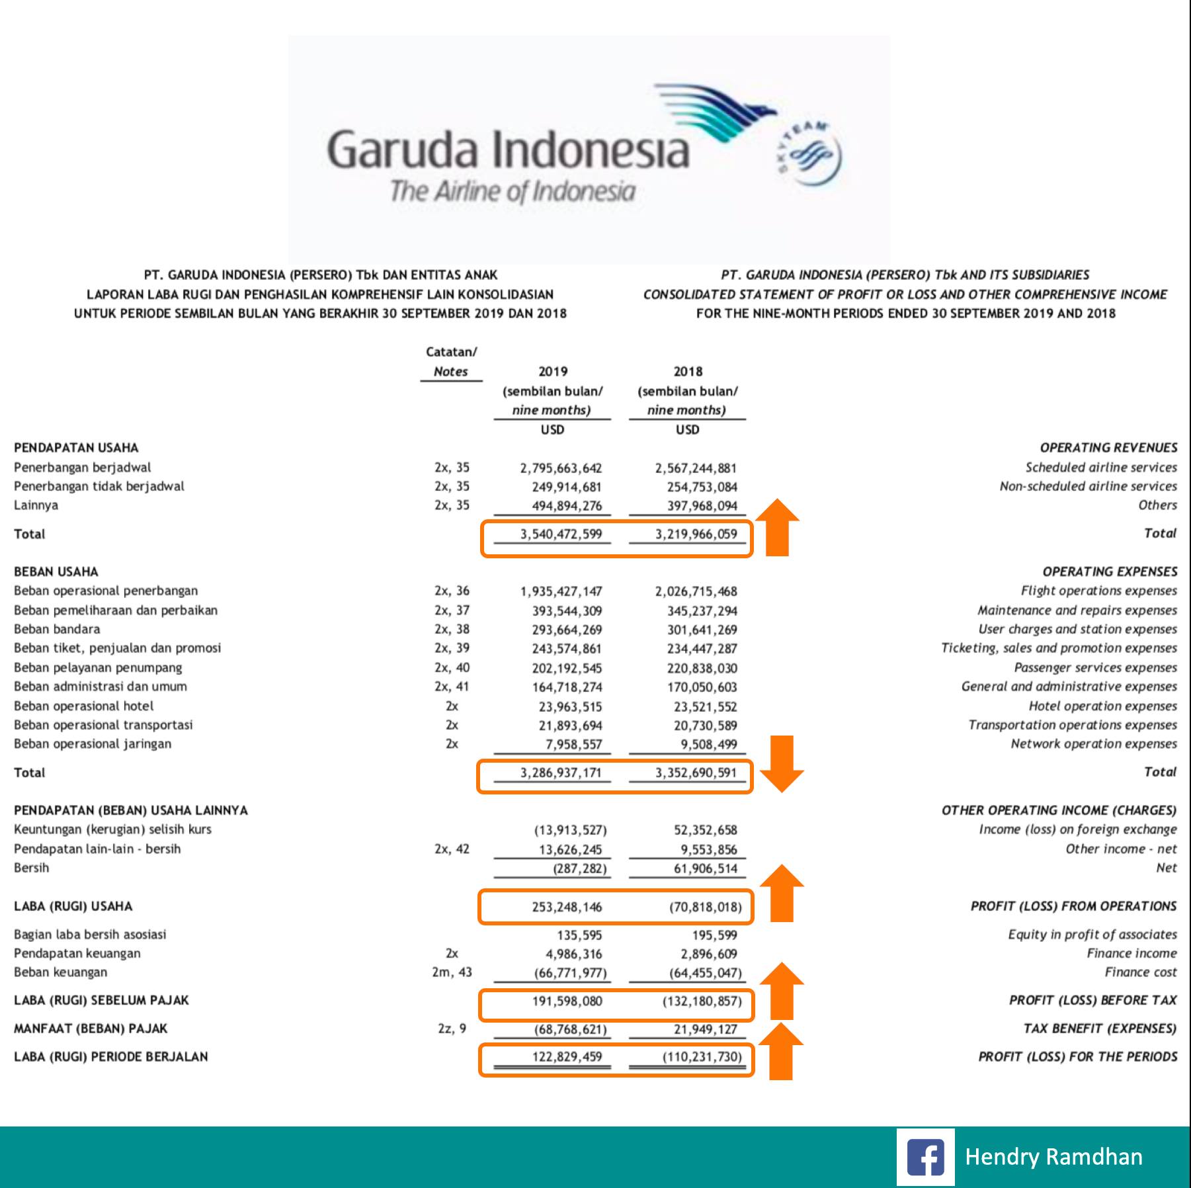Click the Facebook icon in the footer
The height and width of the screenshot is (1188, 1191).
pos(925,1156)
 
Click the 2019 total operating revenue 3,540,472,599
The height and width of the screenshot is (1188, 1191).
pos(561,534)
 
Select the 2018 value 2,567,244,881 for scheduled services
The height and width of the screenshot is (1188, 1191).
pos(696,468)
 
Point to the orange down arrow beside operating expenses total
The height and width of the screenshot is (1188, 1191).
pos(781,763)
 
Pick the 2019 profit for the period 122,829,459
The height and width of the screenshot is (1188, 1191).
pos(567,1056)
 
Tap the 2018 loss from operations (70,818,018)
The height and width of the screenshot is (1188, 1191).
pos(705,907)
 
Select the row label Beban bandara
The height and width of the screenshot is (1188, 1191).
pos(57,629)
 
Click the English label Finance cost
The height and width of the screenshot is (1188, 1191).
pos(1140,972)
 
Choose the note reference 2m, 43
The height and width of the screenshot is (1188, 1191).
pos(452,972)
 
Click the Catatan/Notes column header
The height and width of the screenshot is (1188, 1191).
pos(451,362)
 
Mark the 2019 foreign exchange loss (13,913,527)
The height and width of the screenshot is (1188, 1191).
pos(570,830)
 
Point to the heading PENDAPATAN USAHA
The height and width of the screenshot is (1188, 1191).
pos(76,448)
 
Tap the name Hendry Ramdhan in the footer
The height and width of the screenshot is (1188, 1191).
pos(1053,1156)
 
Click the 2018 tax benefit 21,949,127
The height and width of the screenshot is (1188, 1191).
pos(702,1029)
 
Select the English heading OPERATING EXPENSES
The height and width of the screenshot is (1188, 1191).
pos(1109,572)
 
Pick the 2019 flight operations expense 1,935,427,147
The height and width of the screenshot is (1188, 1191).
pos(561,591)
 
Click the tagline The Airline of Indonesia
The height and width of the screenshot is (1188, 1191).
pos(513,192)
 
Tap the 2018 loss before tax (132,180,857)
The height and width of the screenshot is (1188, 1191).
pos(702,1001)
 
